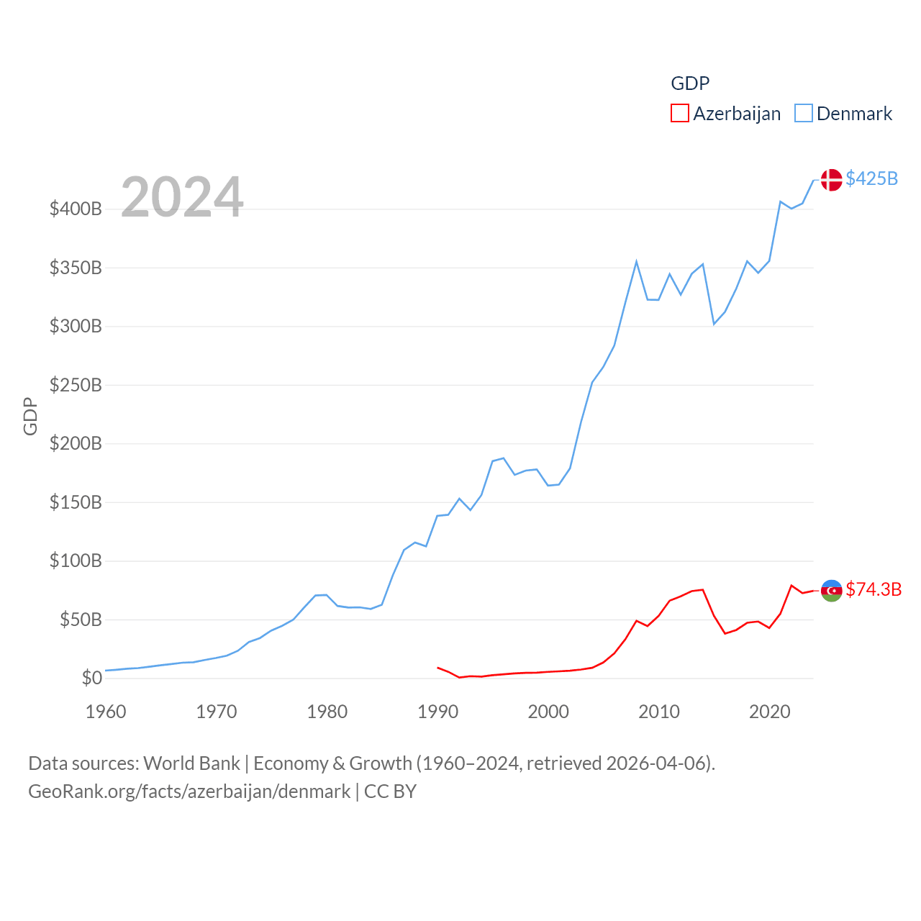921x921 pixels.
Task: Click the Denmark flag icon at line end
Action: (831, 180)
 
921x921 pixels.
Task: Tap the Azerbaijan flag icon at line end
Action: (831, 591)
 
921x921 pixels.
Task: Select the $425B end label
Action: (871, 178)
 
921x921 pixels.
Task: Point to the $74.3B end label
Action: (874, 589)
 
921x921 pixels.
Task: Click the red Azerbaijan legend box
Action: (679, 114)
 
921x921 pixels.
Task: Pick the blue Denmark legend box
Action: (803, 114)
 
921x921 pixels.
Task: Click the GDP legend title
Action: (690, 83)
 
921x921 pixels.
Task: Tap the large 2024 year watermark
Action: (182, 197)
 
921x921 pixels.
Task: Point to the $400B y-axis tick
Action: (76, 209)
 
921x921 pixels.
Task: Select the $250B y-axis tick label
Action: (76, 385)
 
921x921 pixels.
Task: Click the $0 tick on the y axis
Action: (91, 678)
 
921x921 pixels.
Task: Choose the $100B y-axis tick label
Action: (76, 561)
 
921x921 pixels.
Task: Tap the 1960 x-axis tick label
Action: (106, 712)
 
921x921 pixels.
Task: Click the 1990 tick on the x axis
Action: (437, 712)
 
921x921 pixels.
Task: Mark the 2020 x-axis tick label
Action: (769, 712)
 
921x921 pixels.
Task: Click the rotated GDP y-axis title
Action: (30, 416)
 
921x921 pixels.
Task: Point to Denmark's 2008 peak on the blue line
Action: (636, 262)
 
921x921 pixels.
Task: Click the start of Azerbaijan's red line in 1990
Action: (437, 668)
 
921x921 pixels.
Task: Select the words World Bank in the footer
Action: (191, 763)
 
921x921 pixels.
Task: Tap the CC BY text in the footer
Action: (390, 791)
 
